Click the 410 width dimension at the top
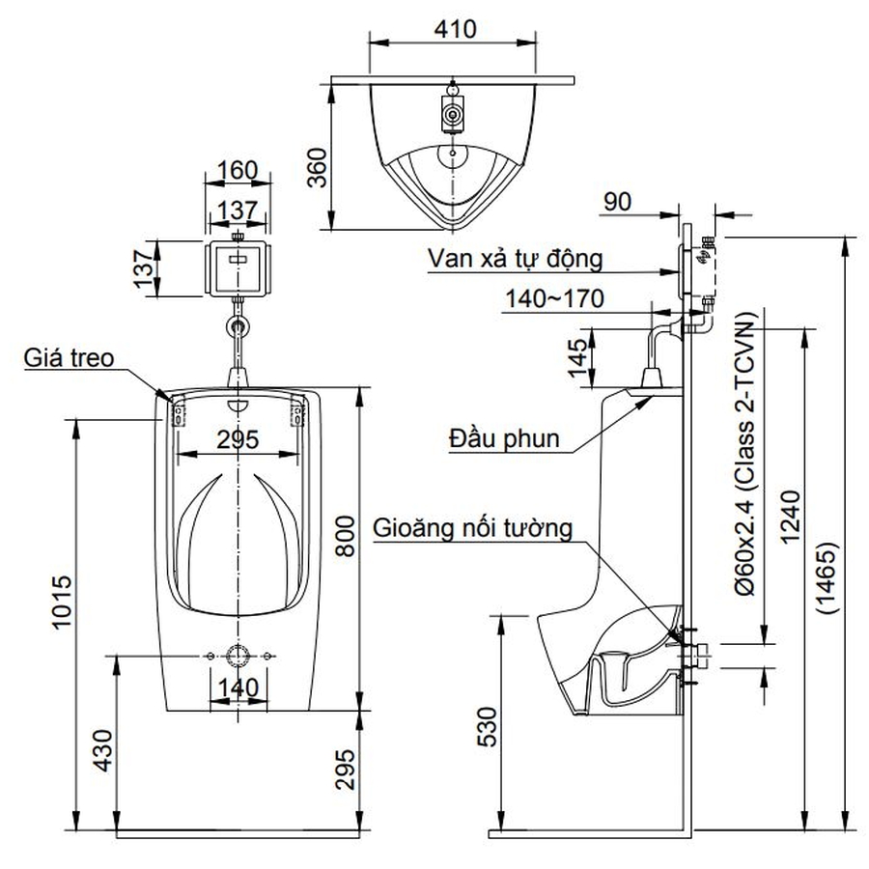455,29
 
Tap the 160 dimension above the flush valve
237,171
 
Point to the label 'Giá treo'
70,358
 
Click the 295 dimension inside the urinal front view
237,439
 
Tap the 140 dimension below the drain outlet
237,687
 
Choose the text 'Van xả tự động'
517,259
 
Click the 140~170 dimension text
554,298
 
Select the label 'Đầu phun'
504,439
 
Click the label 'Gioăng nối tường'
474,528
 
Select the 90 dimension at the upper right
619,202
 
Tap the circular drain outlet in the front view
237,656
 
